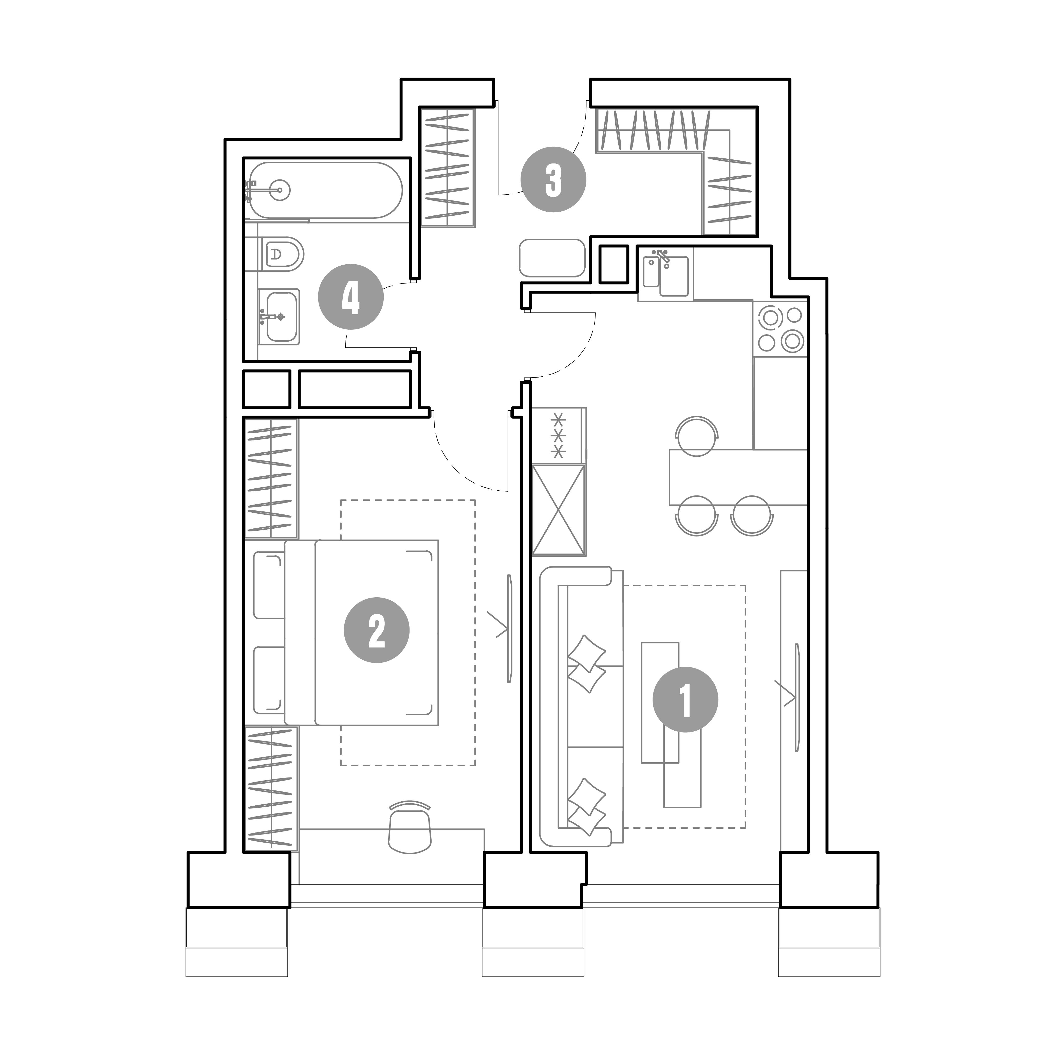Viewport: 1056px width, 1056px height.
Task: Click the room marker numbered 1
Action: point(686,700)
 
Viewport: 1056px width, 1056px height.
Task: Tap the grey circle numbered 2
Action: point(377,631)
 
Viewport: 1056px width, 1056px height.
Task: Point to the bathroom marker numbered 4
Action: point(351,297)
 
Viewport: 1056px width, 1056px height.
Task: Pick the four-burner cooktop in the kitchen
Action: point(780,328)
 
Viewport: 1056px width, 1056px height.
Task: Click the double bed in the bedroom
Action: point(362,632)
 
